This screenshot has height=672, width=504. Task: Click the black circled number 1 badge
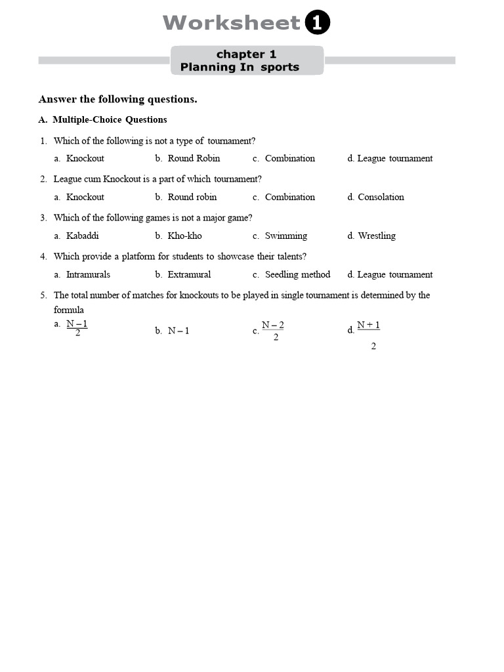click(318, 24)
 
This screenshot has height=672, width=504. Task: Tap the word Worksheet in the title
click(231, 24)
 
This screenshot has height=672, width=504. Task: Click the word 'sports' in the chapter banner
click(280, 67)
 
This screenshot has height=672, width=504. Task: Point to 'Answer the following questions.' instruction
click(118, 100)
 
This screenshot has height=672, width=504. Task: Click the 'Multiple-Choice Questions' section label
click(110, 120)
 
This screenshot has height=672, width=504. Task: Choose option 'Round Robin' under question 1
click(194, 158)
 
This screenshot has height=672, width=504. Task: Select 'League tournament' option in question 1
click(394, 158)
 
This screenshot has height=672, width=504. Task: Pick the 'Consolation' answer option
click(381, 197)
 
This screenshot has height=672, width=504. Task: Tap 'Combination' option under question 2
click(289, 197)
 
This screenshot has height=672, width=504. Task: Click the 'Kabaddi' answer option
click(82, 236)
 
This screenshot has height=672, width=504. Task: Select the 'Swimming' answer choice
click(285, 236)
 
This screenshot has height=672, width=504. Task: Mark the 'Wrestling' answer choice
click(377, 236)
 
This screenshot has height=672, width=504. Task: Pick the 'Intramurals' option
click(88, 274)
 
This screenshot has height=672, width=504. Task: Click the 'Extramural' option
click(189, 274)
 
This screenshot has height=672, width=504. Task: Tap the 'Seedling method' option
click(297, 274)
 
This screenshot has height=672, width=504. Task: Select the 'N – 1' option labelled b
click(178, 331)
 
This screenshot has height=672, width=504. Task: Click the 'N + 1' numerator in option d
click(368, 325)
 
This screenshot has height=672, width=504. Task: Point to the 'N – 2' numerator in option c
click(273, 325)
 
